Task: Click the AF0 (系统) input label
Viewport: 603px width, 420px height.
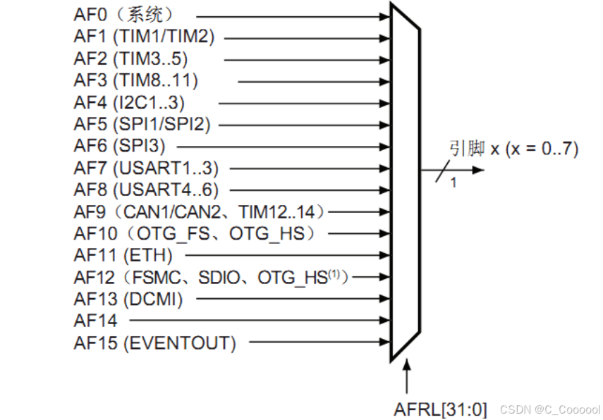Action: coord(123,14)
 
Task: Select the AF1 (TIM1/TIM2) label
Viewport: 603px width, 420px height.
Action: coord(144,36)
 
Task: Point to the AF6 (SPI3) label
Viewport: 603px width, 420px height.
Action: coord(119,146)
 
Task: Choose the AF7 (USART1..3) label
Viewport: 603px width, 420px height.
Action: coord(146,168)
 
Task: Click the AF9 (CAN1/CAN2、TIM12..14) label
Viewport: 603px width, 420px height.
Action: coord(200,211)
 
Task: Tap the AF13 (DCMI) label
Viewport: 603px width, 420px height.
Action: coord(128,299)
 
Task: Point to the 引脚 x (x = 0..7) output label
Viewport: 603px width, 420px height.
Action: coord(513,149)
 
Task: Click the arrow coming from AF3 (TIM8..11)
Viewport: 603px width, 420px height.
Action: coord(314,80)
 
